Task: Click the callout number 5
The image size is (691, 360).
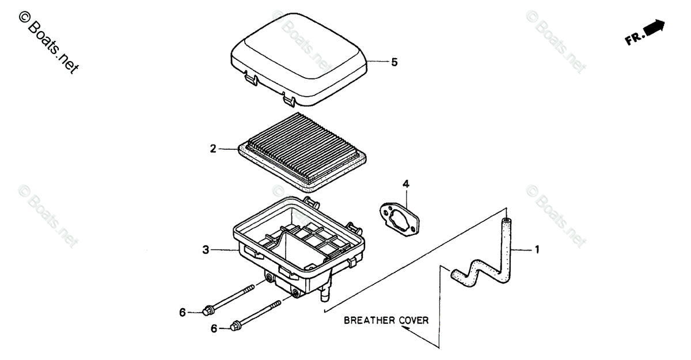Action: coord(394,63)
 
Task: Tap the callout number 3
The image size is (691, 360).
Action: coord(206,250)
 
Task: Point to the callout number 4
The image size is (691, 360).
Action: coord(405,184)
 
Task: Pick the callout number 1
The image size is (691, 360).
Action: coord(537,250)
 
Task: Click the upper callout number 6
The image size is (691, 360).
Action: coord(183,312)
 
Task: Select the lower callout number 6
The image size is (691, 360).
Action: coord(214,328)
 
